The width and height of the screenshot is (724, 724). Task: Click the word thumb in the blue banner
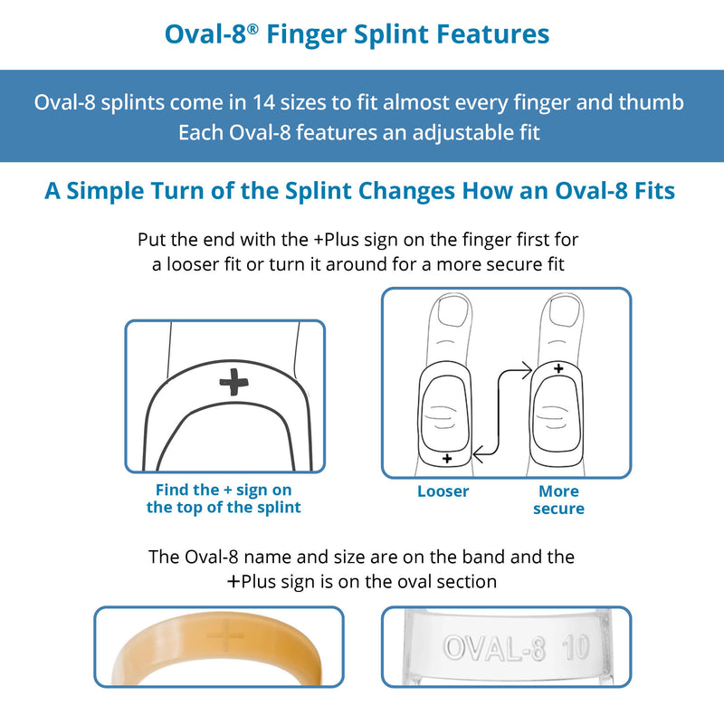coord(652,101)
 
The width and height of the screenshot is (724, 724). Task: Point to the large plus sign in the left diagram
coord(233,383)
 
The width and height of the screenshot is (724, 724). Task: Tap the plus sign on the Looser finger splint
coord(446,460)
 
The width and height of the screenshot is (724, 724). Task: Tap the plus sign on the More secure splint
coord(558,368)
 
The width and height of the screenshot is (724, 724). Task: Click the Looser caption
coord(443,491)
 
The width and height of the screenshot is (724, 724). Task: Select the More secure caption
coord(558,500)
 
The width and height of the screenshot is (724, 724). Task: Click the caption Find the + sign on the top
coord(224,499)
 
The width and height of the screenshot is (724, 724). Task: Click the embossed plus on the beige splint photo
coord(224,639)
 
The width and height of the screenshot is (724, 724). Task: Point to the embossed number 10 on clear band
coord(576,649)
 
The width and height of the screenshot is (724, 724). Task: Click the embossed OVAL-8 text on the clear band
coord(493,649)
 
